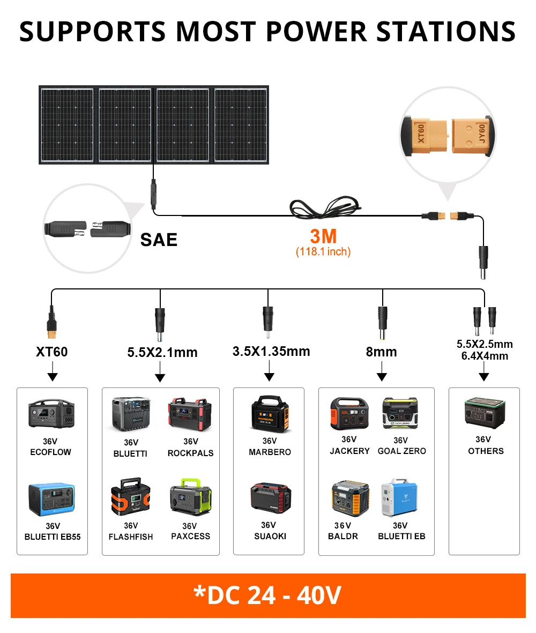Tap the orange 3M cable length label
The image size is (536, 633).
point(323,236)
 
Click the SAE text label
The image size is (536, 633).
point(159,240)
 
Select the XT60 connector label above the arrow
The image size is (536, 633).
point(52,352)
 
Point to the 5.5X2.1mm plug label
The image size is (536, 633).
point(162,352)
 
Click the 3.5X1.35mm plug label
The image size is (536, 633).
point(271,351)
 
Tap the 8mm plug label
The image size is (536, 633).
point(382,352)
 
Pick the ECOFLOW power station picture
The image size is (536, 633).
point(51,414)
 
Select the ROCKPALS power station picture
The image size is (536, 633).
point(191,414)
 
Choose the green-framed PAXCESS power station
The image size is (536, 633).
point(190,500)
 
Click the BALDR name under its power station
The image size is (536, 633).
point(343,536)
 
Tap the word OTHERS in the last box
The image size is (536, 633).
point(486,451)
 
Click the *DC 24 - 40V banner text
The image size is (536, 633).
point(268,595)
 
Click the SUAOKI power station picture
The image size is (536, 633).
point(270,497)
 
